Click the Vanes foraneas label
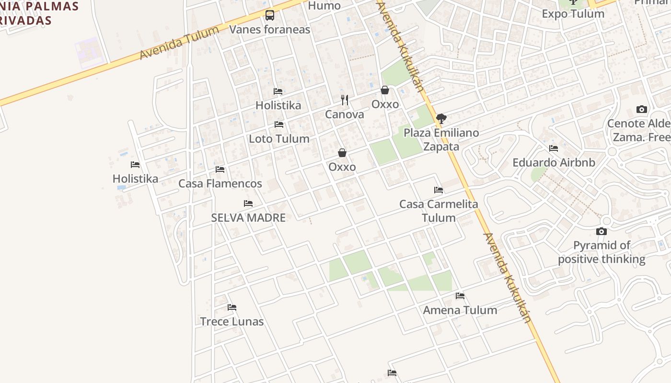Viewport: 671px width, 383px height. click(x=269, y=30)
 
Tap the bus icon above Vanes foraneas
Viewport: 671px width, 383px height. click(x=270, y=15)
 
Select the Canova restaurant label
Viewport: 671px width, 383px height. click(x=344, y=114)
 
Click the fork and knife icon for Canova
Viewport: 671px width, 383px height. click(x=345, y=100)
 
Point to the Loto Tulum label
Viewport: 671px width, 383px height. click(x=279, y=139)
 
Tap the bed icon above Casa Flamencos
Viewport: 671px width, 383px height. click(x=220, y=169)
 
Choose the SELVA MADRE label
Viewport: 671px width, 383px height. click(x=248, y=218)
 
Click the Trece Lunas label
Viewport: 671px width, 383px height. click(x=232, y=321)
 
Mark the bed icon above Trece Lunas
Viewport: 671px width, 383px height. click(x=232, y=307)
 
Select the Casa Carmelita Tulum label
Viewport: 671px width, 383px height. click(x=439, y=211)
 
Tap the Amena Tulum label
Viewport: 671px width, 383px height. click(x=460, y=310)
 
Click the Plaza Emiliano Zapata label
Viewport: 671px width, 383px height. click(x=441, y=139)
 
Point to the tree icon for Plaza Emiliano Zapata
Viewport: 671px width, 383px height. click(x=441, y=118)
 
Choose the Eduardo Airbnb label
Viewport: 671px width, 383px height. click(x=554, y=162)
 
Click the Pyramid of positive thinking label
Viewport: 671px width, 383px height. click(x=602, y=252)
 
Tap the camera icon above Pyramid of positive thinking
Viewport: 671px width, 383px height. click(x=602, y=232)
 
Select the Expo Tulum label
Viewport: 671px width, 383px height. click(x=573, y=13)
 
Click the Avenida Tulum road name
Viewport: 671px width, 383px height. click(x=179, y=43)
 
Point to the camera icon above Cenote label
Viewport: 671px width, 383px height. click(x=642, y=110)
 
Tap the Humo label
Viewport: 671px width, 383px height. click(x=324, y=6)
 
